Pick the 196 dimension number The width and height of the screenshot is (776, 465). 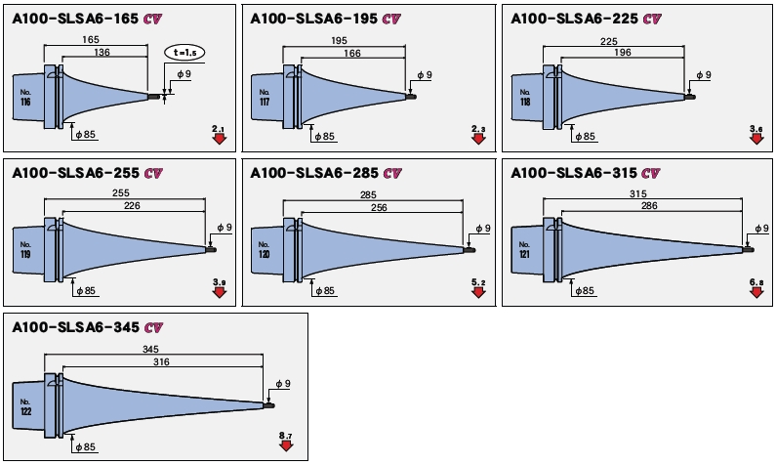[x=597, y=55]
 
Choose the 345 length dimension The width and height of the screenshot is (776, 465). [x=150, y=349]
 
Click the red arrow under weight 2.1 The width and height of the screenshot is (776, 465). [x=218, y=139]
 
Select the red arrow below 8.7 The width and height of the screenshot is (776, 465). [x=286, y=445]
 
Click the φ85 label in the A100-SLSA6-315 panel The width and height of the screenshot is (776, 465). [x=584, y=291]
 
